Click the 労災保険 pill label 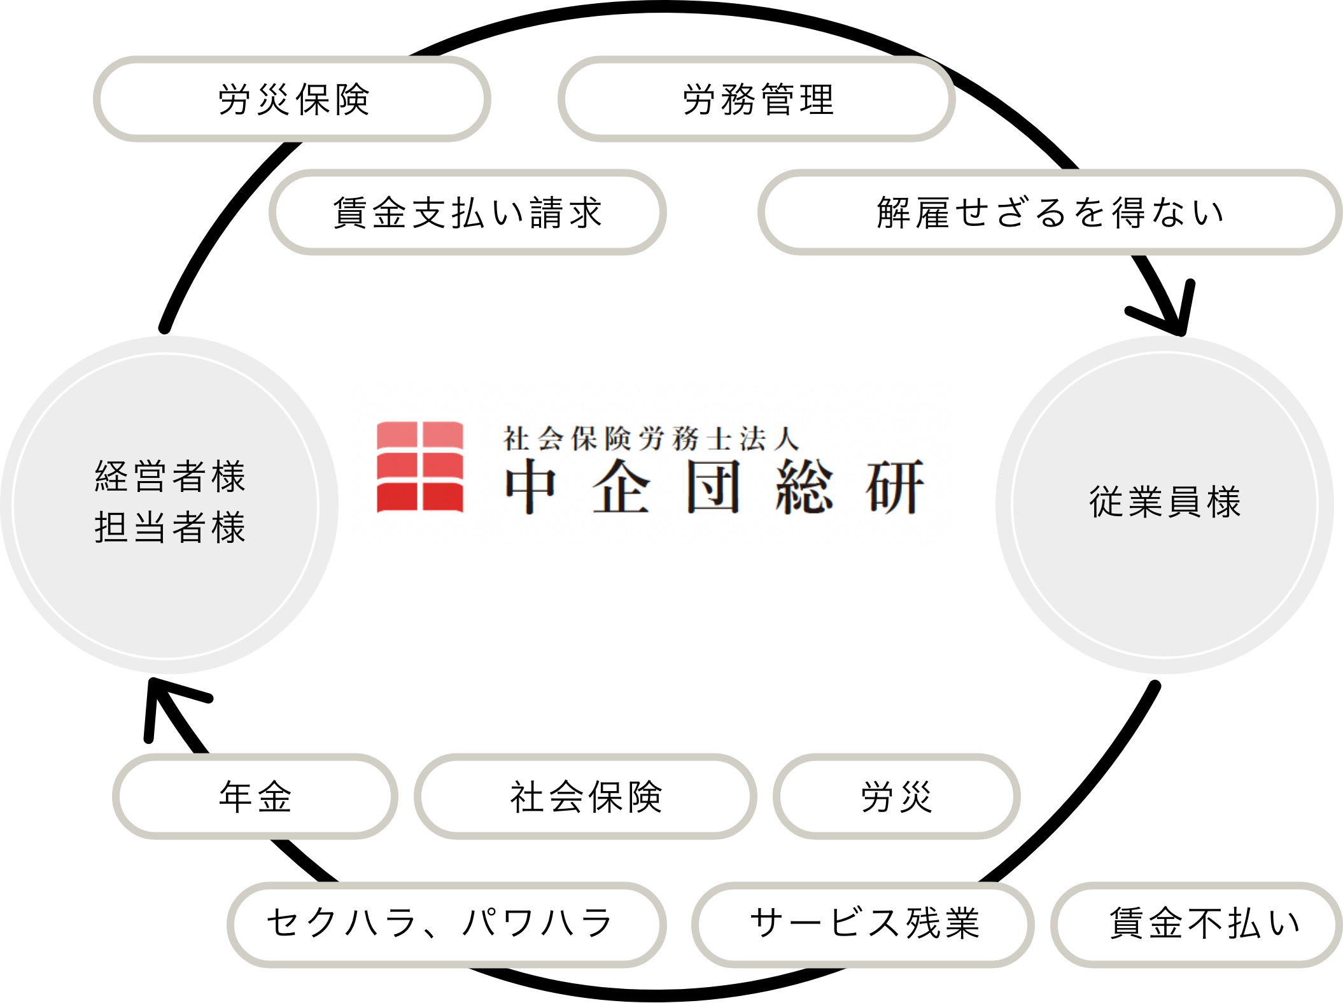[x=292, y=99]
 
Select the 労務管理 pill [x=757, y=99]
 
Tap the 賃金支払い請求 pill [x=468, y=213]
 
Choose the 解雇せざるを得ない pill [x=1050, y=213]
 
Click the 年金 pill [x=255, y=797]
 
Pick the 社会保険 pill [x=586, y=797]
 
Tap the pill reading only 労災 [x=896, y=797]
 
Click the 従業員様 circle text [x=1165, y=502]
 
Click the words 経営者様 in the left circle [x=170, y=476]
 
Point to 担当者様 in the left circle [x=170, y=528]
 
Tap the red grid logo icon [x=420, y=466]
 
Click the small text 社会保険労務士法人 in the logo [x=650, y=439]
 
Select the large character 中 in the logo [x=531, y=487]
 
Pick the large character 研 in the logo [x=894, y=487]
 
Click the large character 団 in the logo [x=713, y=487]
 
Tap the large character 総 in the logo [x=804, y=487]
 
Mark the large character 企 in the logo [x=621, y=487]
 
